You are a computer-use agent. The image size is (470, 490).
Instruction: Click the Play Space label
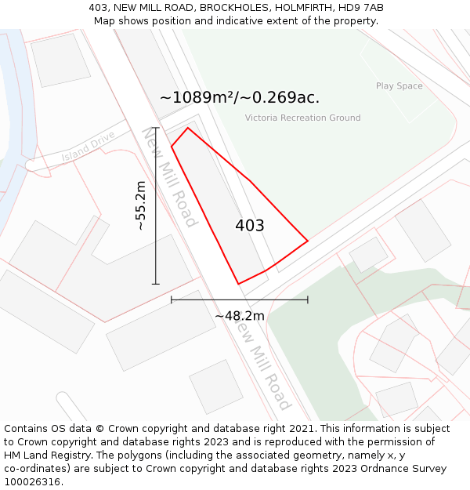399,86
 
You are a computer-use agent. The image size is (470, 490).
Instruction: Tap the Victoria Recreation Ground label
302,118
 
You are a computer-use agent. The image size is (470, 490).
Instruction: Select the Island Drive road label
89,147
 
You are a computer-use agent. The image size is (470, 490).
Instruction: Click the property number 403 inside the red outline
250,226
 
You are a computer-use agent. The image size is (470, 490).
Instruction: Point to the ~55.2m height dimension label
140,205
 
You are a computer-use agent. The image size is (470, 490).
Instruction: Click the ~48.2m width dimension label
240,316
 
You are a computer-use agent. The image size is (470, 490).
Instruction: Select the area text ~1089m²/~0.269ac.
240,98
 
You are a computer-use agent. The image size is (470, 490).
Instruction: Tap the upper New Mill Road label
168,176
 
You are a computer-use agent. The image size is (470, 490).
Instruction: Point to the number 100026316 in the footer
30,482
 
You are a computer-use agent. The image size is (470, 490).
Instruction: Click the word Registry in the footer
89,456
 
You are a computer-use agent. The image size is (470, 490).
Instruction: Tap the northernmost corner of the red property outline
187,128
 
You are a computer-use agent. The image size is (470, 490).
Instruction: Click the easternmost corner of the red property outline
308,240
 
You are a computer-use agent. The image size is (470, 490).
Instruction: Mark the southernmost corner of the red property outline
238,284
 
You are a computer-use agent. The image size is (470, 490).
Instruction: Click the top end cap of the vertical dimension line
155,128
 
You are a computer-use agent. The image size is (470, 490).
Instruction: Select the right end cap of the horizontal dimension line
308,299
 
